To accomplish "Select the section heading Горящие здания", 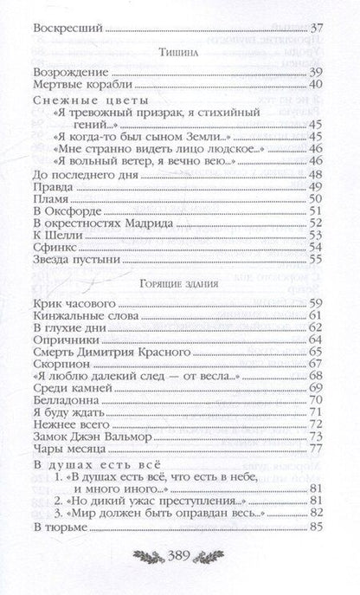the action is pos(180,283).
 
